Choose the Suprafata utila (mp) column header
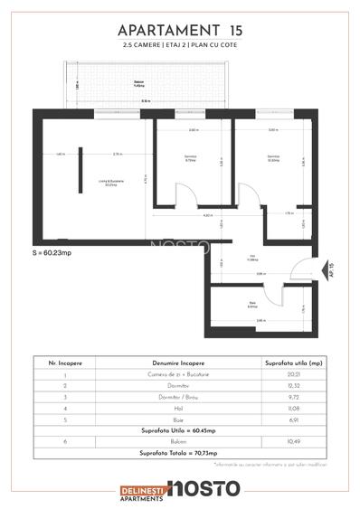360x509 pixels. click(x=287, y=362)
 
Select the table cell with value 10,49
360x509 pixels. click(x=287, y=441)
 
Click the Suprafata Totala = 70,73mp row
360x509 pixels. click(x=179, y=452)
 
